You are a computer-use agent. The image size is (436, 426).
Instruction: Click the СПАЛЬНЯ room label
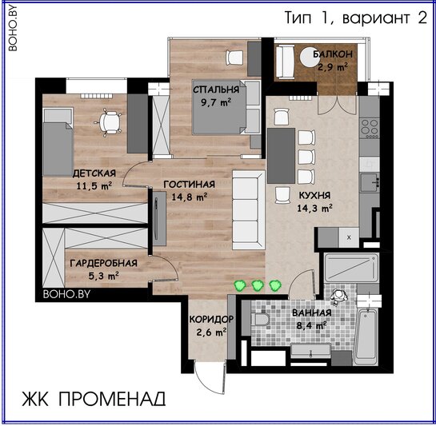pos(216,90)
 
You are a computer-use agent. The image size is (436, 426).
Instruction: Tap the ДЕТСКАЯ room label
pos(94,173)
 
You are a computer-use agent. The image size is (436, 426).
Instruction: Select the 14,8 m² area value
pos(190,197)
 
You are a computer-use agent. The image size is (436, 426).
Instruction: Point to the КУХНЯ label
pos(314,195)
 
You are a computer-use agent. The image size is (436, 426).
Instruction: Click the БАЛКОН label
pos(333,54)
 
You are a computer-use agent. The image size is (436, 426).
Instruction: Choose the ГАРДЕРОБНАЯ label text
pos(103,263)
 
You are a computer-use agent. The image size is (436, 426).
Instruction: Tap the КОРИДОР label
pos(211,319)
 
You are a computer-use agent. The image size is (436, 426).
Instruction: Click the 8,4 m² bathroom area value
pos(311,325)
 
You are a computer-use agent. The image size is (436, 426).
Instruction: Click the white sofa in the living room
pos(248,210)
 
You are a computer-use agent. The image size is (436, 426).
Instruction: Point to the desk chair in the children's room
pos(110,122)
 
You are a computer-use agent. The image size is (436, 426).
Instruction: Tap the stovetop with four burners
pos(370,127)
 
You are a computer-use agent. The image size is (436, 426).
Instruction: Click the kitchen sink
pos(370,182)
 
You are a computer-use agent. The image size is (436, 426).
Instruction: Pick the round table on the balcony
pos(310,57)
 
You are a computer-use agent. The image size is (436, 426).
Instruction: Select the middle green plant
pos(258,285)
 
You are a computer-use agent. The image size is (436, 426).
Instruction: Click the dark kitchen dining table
pos(281,156)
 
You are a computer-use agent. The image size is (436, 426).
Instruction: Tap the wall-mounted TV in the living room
pos(159,218)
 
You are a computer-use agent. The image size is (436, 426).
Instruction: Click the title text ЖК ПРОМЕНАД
pos(94,399)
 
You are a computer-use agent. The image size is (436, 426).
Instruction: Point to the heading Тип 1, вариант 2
pos(356,18)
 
